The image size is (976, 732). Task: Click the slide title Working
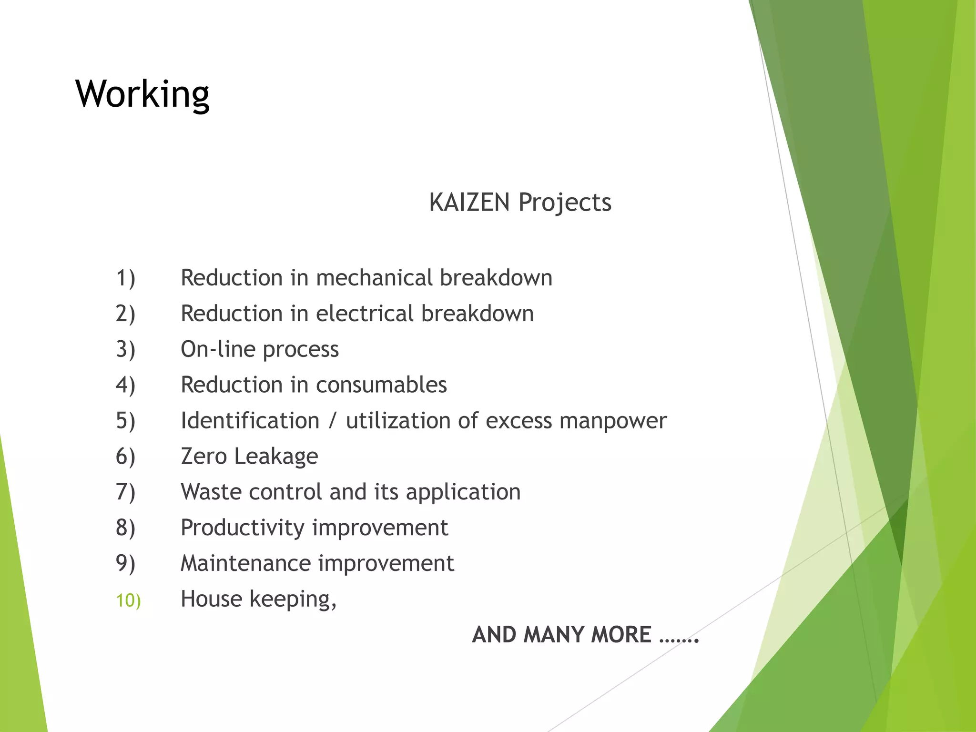pos(142,94)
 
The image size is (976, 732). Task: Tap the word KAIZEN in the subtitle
pos(469,202)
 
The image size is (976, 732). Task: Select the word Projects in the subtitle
pos(565,203)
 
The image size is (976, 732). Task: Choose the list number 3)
pos(125,349)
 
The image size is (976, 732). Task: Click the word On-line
pos(218,349)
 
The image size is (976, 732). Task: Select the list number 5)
pos(125,421)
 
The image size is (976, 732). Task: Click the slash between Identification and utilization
pos(333,421)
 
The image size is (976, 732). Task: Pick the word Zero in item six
pos(203,456)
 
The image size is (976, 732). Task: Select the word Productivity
pos(243,528)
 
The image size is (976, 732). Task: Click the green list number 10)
pos(128,600)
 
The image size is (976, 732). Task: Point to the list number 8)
pos(125,528)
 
